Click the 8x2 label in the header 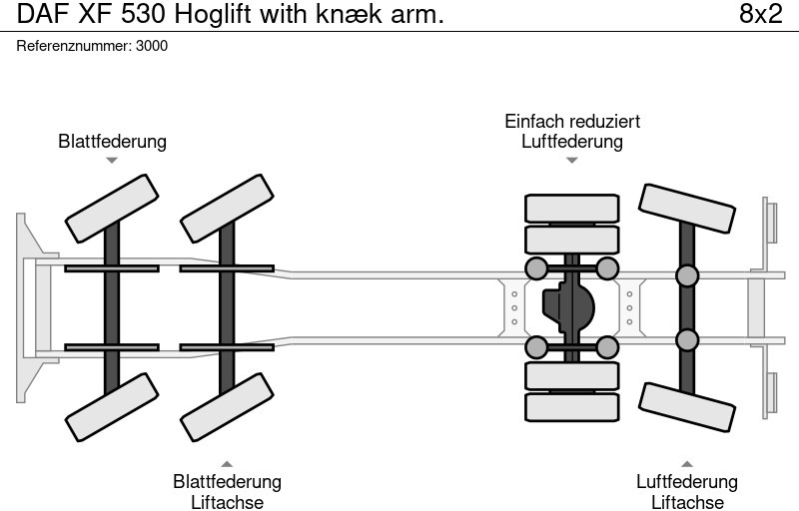pyautogui.click(x=760, y=15)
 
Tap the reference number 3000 pyautogui.click(x=152, y=47)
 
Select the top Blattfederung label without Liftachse pyautogui.click(x=112, y=142)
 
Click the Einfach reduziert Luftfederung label pyautogui.click(x=572, y=131)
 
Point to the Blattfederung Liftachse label pyautogui.click(x=227, y=491)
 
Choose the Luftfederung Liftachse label pyautogui.click(x=687, y=491)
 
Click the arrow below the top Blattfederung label pyautogui.click(x=112, y=160)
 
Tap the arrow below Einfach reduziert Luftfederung pyautogui.click(x=572, y=160)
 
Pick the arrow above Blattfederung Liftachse pyautogui.click(x=227, y=463)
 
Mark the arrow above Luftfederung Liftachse pyautogui.click(x=687, y=463)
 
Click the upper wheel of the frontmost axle pyautogui.click(x=112, y=209)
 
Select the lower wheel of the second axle pyautogui.click(x=227, y=406)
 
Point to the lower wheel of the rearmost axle pyautogui.click(x=688, y=407)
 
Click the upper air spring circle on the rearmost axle pyautogui.click(x=687, y=275)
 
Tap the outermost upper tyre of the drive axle pyautogui.click(x=572, y=209)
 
